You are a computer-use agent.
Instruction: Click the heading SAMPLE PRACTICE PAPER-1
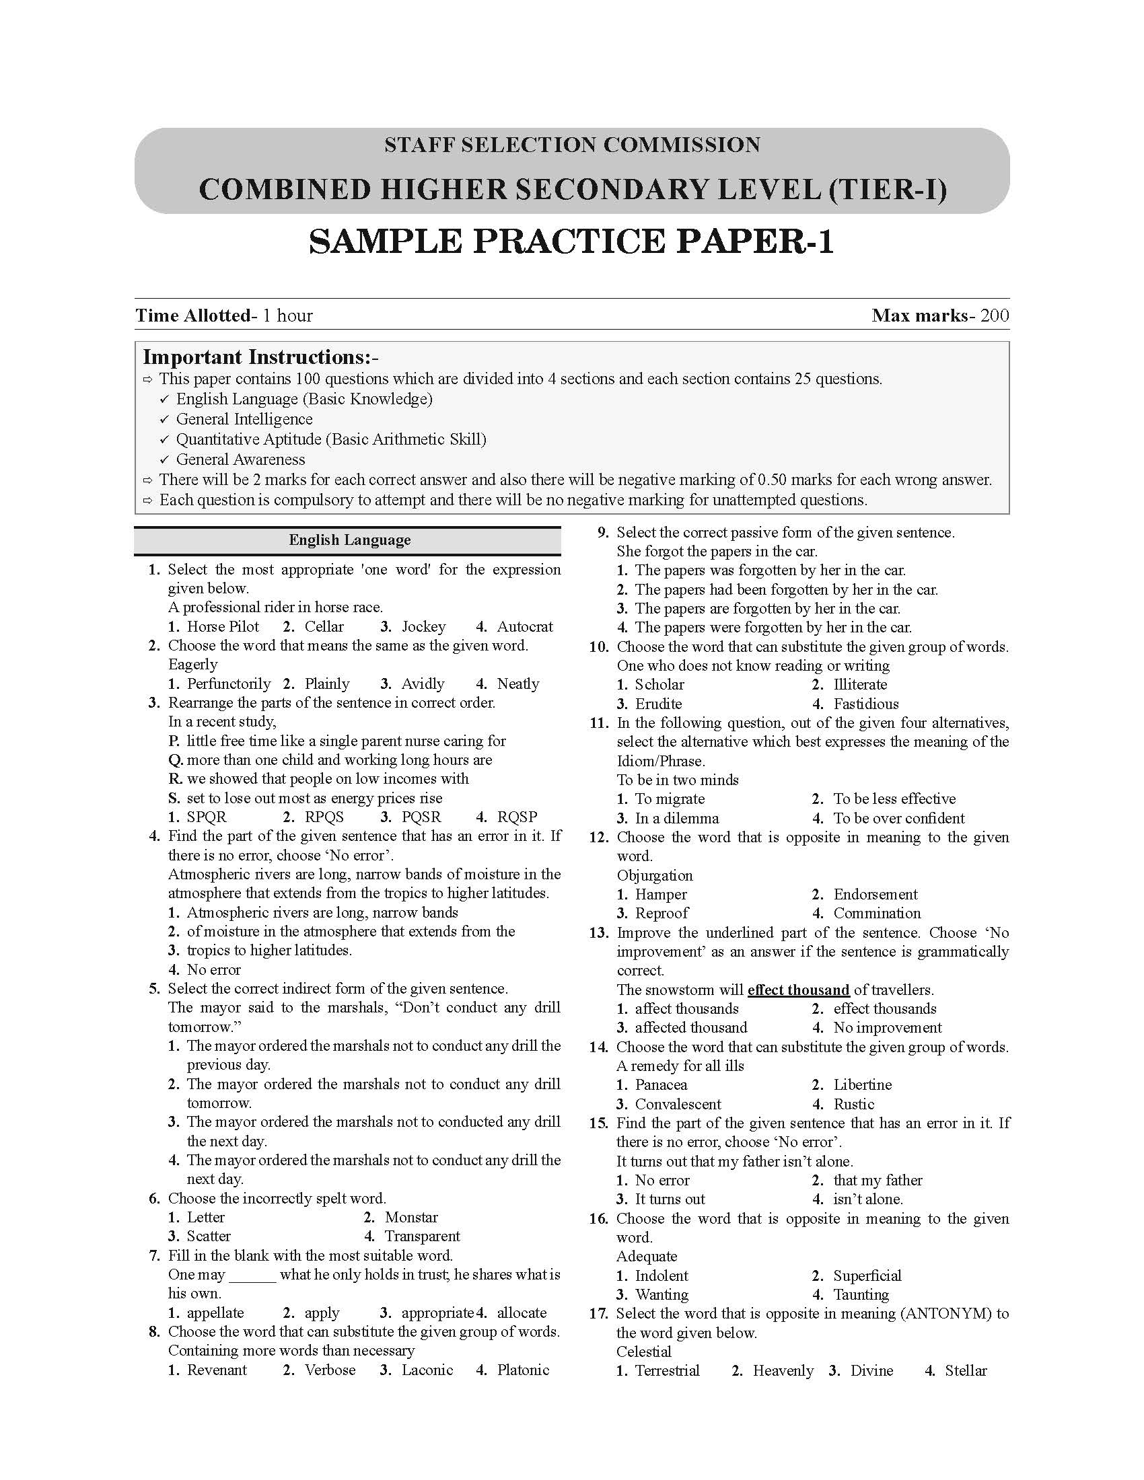click(571, 242)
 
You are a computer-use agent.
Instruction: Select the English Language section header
click(349, 540)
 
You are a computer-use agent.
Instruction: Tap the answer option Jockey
click(423, 626)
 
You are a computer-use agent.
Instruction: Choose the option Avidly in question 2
click(422, 683)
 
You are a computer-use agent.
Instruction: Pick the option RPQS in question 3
click(324, 817)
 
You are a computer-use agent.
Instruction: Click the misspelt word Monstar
click(411, 1217)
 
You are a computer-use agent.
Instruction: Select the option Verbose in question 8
click(329, 1370)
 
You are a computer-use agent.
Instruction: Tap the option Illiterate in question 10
click(859, 684)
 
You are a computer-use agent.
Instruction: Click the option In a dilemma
click(676, 818)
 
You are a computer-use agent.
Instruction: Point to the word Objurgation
click(655, 875)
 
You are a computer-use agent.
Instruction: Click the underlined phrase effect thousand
click(798, 990)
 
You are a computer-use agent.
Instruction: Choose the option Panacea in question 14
click(661, 1084)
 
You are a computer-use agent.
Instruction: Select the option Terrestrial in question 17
click(667, 1370)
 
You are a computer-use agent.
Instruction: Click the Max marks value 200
click(994, 315)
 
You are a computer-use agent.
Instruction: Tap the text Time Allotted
click(193, 315)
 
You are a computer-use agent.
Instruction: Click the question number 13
click(598, 932)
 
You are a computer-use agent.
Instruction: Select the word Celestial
click(644, 1352)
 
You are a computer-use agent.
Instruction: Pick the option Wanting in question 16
click(662, 1294)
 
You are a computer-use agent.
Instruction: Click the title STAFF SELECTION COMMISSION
click(572, 145)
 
